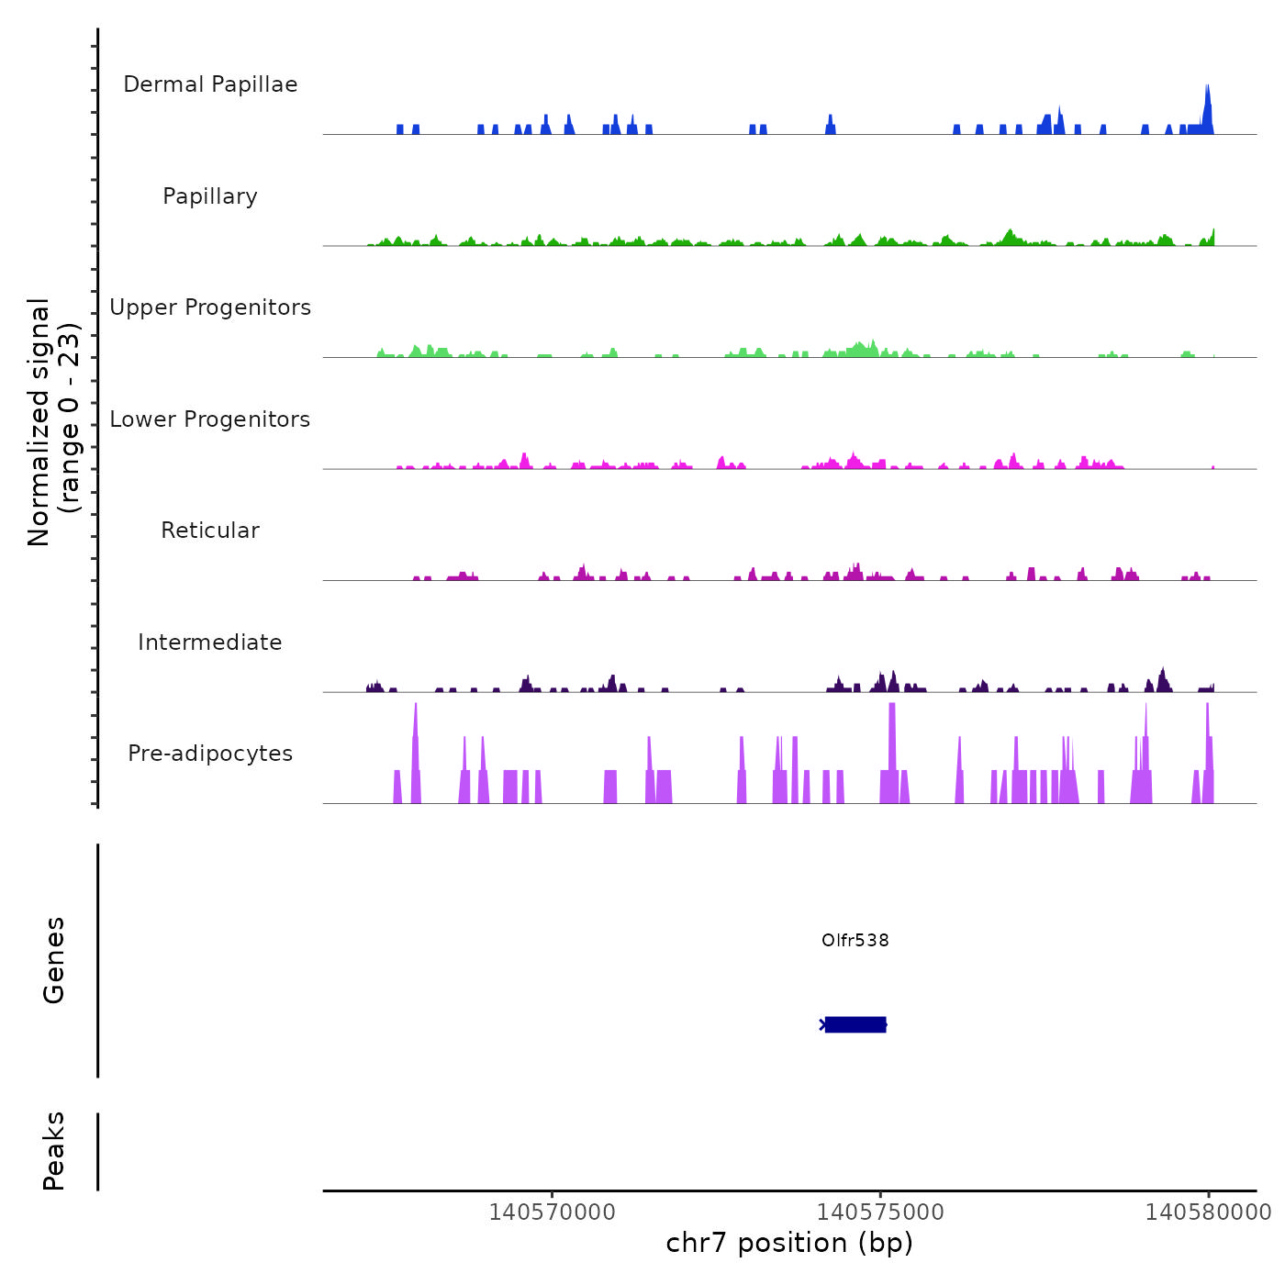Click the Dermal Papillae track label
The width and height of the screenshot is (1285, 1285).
[x=210, y=84]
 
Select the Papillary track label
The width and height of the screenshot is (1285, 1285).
[x=210, y=196]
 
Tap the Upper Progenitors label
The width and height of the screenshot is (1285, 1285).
[x=210, y=307]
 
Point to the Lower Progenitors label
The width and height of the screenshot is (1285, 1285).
[x=210, y=419]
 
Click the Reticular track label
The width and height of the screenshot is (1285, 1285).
[x=210, y=531]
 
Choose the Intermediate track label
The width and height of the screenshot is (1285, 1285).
[x=210, y=642]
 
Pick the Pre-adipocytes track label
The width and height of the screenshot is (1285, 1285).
[x=210, y=754]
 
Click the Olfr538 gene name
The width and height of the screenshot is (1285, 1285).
[x=855, y=940]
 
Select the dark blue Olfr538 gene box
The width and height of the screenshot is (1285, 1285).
[x=855, y=1024]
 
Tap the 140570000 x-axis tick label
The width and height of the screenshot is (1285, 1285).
[x=553, y=1212]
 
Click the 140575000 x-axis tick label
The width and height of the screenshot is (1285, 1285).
[x=880, y=1212]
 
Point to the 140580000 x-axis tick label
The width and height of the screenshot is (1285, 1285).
[x=1208, y=1212]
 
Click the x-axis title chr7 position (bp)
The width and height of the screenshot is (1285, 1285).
[x=789, y=1243]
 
